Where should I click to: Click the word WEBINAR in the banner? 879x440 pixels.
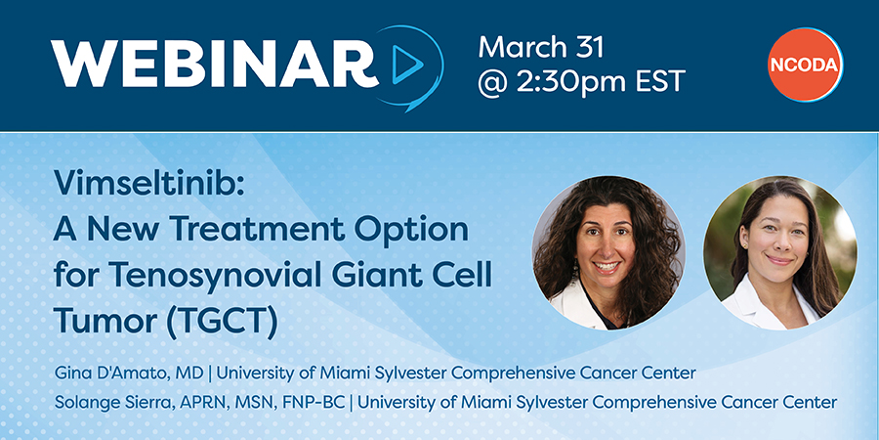215,65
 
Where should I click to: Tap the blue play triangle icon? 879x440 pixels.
407,65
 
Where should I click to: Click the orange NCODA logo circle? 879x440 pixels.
805,65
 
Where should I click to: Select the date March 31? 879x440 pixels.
541,47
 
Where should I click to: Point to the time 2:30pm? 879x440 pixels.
569,82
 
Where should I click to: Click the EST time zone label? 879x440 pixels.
660,82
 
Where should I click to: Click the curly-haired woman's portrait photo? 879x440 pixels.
608,253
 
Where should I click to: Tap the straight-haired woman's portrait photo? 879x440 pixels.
779,253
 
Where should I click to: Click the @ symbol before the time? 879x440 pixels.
491,83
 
